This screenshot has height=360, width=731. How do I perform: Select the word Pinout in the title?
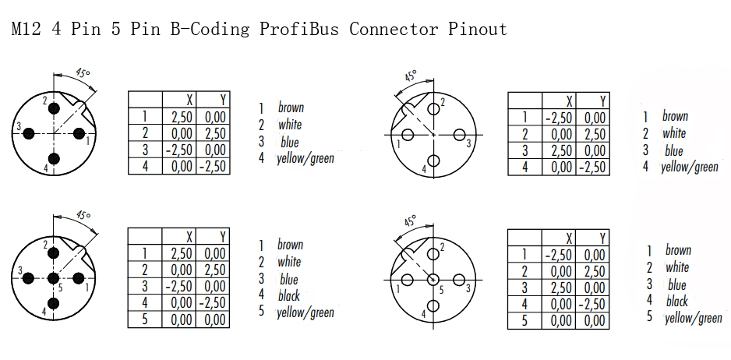(x=478, y=30)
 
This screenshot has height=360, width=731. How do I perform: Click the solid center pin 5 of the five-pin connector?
(x=54, y=278)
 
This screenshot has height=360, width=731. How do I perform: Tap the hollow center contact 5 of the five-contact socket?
(x=433, y=280)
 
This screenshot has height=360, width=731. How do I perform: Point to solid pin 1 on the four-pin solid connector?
(x=79, y=134)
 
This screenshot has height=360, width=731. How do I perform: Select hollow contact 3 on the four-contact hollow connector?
(x=459, y=136)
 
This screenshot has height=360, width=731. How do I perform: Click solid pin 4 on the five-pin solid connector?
(x=54, y=303)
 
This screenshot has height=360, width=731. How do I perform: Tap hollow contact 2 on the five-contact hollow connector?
(x=433, y=254)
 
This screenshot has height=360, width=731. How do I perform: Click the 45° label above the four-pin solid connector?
(x=82, y=74)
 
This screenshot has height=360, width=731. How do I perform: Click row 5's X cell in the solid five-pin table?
(x=179, y=319)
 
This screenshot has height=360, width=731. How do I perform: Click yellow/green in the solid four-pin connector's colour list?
(x=305, y=158)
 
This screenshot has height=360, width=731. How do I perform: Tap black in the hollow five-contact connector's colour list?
(x=677, y=302)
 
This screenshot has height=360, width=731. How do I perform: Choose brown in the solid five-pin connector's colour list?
(x=291, y=245)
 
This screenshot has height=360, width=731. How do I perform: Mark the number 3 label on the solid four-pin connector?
(x=19, y=126)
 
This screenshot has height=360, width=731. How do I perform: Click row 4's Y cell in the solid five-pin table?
(x=213, y=303)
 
